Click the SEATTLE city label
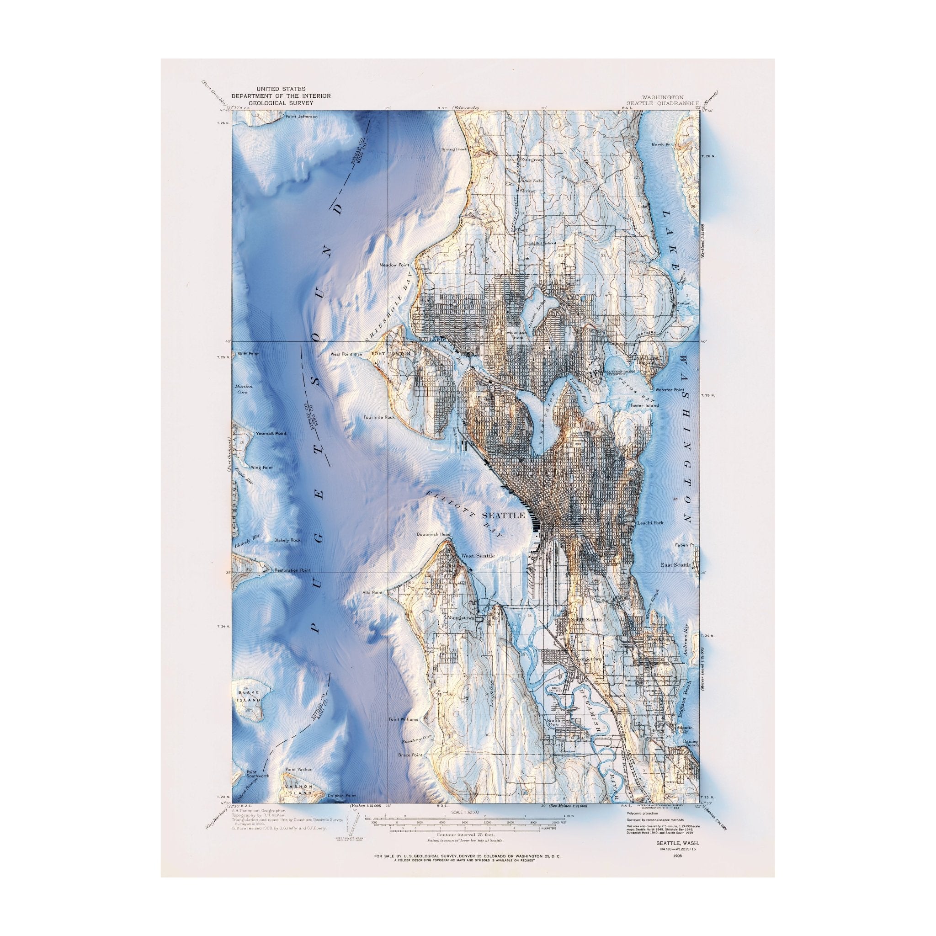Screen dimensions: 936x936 [503, 516]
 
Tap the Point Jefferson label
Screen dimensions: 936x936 [301, 117]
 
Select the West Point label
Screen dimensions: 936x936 [341, 354]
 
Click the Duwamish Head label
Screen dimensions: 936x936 [434, 534]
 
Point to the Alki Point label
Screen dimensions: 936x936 [372, 592]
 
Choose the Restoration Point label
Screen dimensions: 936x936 [292, 570]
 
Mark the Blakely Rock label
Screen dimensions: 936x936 [287, 540]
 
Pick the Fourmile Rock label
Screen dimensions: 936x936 [379, 417]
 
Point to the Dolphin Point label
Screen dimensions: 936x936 [341, 809]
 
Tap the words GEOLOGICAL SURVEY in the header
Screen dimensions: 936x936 [281, 103]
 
